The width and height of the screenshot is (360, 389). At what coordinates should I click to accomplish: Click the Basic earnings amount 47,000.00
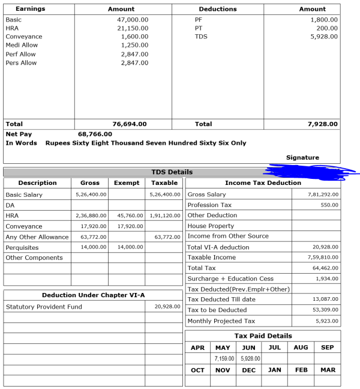[133, 20]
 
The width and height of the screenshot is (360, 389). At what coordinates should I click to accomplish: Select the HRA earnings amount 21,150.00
[133, 28]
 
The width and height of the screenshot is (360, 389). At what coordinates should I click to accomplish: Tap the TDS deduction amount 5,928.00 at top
[324, 37]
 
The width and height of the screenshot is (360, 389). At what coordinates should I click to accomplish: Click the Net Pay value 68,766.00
[95, 134]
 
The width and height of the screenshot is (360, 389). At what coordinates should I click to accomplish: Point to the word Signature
[302, 158]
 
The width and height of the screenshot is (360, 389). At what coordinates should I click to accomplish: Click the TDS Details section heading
[172, 172]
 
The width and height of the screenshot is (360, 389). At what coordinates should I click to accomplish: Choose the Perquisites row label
[22, 247]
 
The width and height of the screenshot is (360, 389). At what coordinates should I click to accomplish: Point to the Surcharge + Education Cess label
[230, 279]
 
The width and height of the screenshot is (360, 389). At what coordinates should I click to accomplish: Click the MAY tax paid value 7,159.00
[223, 358]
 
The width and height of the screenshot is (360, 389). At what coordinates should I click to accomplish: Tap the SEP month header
[328, 348]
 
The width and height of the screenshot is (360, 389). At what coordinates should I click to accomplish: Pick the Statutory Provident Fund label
[44, 307]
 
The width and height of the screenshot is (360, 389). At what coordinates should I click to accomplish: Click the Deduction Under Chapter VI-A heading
[93, 295]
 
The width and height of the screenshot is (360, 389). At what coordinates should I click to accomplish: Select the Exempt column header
[127, 183]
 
